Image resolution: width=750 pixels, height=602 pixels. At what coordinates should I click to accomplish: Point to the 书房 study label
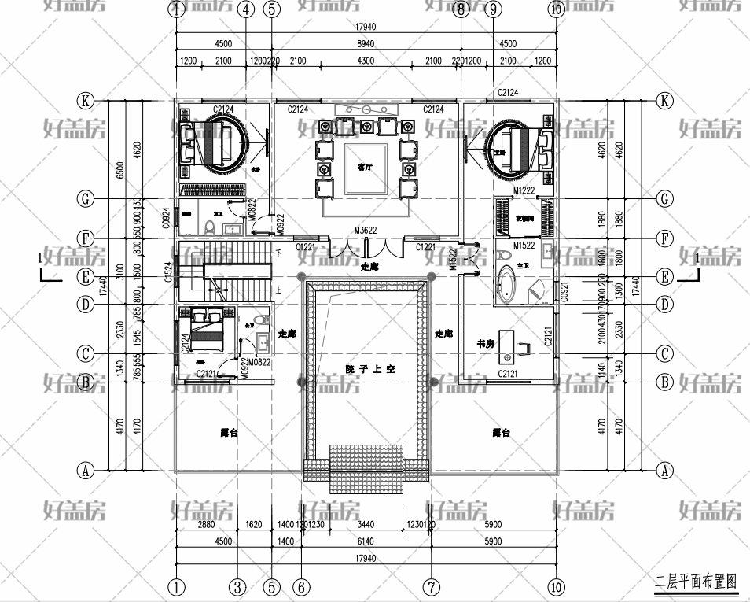(485, 344)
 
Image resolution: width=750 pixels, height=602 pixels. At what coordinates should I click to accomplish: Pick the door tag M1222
(524, 191)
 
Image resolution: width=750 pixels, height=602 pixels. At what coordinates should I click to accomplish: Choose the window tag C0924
(167, 218)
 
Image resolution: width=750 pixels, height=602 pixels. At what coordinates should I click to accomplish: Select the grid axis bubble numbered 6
(301, 586)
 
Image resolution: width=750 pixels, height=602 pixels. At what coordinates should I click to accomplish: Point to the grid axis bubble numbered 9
(493, 10)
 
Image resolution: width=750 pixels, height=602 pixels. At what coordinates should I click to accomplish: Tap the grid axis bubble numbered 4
(246, 10)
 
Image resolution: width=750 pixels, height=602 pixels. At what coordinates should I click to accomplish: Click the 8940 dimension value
(366, 44)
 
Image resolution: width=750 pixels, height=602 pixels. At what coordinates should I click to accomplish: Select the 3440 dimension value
(366, 524)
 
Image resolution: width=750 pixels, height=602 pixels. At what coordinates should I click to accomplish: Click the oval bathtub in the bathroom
(507, 284)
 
